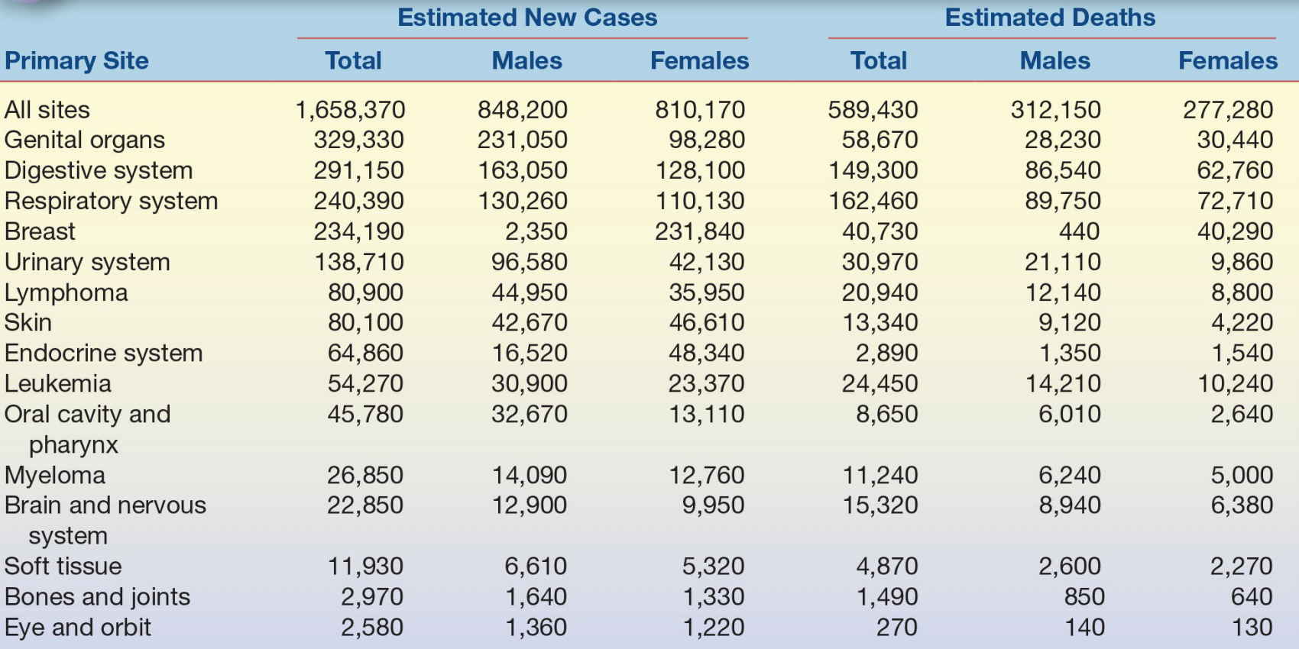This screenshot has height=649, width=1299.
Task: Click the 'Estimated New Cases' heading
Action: [x=527, y=18]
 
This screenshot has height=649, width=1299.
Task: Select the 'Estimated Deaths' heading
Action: [x=1050, y=18]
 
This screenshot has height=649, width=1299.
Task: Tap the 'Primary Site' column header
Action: [x=76, y=60]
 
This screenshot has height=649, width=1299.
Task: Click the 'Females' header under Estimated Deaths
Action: [x=1227, y=60]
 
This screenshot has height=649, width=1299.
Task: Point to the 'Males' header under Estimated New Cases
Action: [x=526, y=60]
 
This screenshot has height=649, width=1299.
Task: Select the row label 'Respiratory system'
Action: [x=111, y=201]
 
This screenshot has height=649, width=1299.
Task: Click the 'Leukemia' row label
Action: [x=57, y=383]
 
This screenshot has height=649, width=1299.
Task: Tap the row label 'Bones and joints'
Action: [x=97, y=596]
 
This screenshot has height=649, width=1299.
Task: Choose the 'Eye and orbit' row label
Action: [x=77, y=627]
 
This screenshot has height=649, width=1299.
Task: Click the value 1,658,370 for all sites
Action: [x=350, y=110]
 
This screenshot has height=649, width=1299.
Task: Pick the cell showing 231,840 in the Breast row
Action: [x=699, y=231]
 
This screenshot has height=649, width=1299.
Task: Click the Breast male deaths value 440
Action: [x=1079, y=231]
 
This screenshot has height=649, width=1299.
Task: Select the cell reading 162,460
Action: [x=873, y=201]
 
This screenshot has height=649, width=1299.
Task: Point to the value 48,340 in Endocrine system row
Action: [x=706, y=353]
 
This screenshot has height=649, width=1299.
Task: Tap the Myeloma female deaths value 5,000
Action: [x=1242, y=475]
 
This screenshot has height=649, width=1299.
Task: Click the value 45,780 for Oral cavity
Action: [x=365, y=414]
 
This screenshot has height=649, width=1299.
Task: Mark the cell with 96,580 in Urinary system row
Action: [x=529, y=262]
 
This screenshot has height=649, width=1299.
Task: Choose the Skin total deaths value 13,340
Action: [x=880, y=322]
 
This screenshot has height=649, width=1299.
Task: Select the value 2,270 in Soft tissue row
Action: [x=1241, y=566]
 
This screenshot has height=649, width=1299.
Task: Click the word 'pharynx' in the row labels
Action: [x=73, y=444]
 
